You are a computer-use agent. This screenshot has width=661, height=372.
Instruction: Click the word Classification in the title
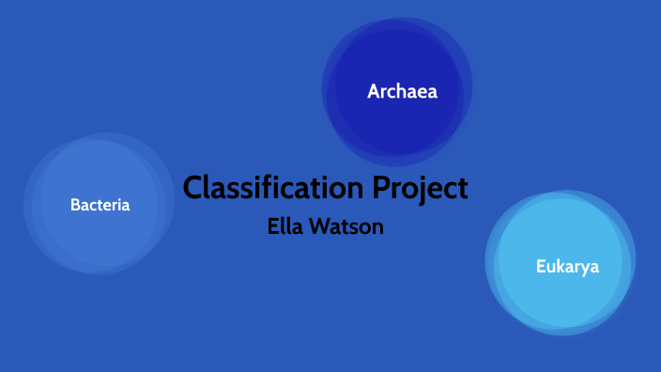point(272,188)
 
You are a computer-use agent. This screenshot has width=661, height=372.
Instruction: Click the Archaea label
point(402,92)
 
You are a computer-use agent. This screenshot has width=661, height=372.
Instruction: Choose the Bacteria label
point(100,204)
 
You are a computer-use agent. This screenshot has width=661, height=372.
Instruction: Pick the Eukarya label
point(567,266)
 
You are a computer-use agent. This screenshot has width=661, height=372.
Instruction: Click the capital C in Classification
point(193,188)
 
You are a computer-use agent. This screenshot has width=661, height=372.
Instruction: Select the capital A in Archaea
point(374,92)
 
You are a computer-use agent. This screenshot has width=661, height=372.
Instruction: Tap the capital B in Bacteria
point(75,204)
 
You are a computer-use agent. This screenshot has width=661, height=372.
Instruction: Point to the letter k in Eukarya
point(559,266)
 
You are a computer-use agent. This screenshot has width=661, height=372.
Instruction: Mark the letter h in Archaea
point(406,92)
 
